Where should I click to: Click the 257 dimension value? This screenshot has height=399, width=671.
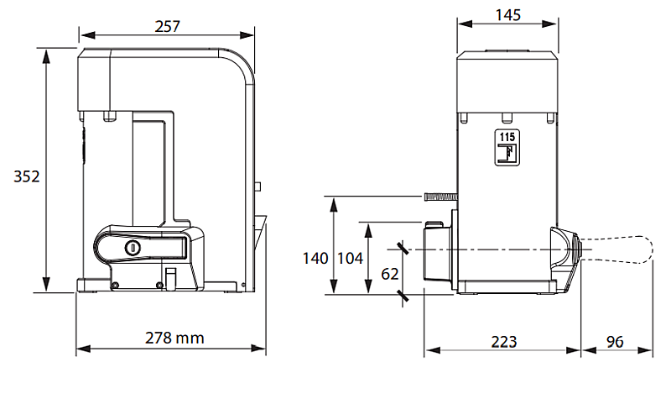167,27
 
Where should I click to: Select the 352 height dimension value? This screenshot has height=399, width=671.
27,176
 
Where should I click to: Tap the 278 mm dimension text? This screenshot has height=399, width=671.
174,338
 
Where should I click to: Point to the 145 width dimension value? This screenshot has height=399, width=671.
508,15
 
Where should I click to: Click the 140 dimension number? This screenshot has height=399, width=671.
315,258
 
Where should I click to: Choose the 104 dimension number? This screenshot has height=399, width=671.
350,258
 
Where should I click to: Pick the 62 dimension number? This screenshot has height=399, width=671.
389,275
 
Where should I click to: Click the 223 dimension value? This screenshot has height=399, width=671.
504,342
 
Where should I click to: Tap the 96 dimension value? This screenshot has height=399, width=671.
615,342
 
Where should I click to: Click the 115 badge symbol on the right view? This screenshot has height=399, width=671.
507,148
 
